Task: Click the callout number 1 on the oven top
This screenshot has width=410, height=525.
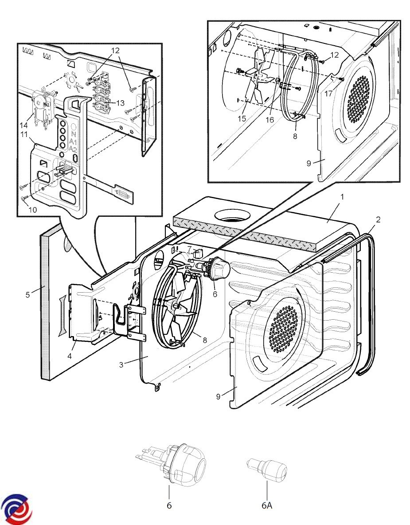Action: [x=342, y=196]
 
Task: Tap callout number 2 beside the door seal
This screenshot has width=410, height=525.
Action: [x=377, y=219]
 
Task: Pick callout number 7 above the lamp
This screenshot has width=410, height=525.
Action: [x=189, y=249]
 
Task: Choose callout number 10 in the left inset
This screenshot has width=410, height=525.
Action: [x=33, y=209]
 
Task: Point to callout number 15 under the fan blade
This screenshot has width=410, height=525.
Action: [x=242, y=119]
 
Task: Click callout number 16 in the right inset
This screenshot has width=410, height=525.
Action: [x=270, y=120]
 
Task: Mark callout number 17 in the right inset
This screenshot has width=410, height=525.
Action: [x=328, y=94]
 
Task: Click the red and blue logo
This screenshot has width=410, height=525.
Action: [x=16, y=509]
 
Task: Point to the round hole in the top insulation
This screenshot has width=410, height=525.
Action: [x=233, y=217]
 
